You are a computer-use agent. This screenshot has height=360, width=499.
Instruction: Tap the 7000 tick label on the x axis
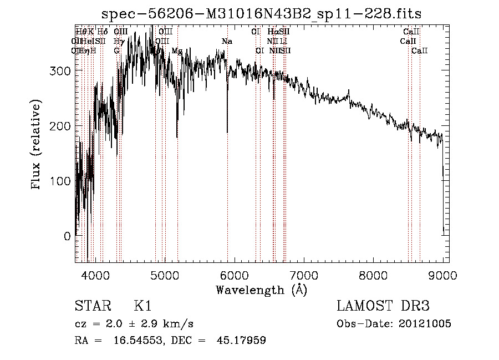(304, 275)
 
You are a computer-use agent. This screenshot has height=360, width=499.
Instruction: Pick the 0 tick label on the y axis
(67, 236)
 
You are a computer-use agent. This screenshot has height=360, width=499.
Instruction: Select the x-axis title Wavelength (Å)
(261, 290)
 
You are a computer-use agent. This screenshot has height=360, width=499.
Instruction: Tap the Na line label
(227, 42)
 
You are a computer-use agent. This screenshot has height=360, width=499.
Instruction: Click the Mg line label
(177, 50)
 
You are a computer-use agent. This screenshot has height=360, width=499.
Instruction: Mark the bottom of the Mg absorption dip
(177, 136)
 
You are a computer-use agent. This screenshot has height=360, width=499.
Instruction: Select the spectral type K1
(142, 306)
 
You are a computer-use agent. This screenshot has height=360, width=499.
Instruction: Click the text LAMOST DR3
(383, 306)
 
